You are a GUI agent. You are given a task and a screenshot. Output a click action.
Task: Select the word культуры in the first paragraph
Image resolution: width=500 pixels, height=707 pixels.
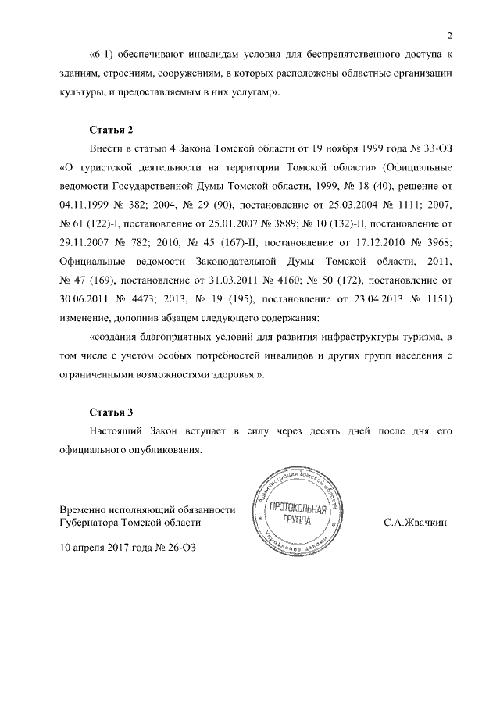click(x=83, y=92)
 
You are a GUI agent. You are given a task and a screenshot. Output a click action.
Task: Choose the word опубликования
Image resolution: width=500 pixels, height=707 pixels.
click(x=149, y=450)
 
